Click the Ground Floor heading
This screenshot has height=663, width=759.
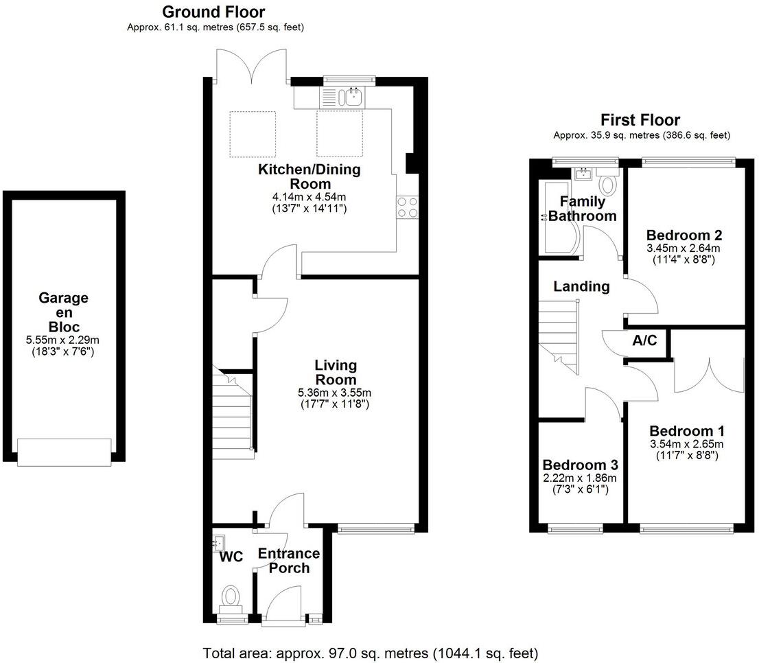tap(213, 12)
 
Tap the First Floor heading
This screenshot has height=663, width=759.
tap(640, 120)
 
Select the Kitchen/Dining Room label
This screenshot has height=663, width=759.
tap(309, 176)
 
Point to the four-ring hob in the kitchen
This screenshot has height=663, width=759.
tap(407, 207)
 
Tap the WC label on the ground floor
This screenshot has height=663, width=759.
tap(231, 557)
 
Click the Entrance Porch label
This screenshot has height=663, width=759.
tap(289, 561)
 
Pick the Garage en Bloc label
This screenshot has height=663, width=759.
tap(63, 312)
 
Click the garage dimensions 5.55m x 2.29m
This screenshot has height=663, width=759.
tap(63, 340)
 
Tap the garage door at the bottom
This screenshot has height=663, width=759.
tap(65, 452)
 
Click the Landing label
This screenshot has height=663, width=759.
tap(582, 287)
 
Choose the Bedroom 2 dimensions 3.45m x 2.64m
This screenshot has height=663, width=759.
tap(687, 248)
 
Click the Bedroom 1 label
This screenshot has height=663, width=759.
tap(687, 431)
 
